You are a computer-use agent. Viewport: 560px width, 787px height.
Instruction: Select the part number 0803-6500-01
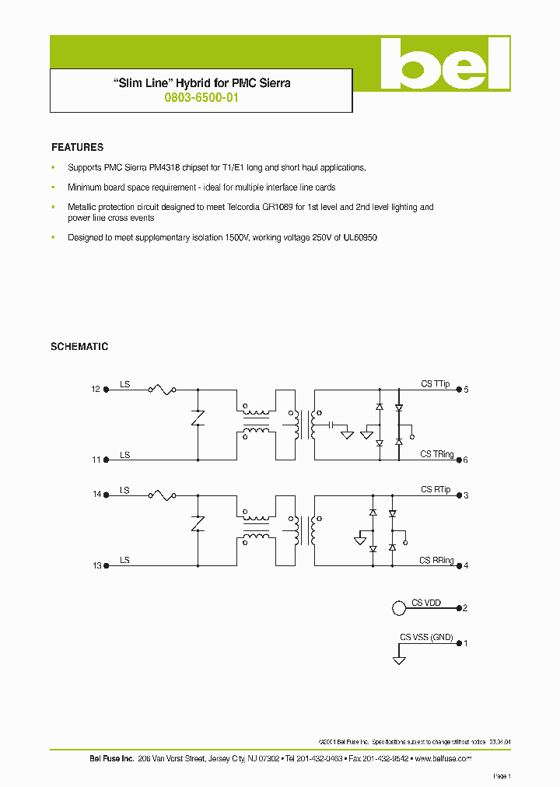201,99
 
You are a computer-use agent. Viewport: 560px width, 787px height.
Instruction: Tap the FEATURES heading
77,147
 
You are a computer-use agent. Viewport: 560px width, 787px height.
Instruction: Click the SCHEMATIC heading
79,347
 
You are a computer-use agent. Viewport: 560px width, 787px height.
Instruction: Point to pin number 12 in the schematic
96,389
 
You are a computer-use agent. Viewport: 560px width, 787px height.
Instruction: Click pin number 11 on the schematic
96,460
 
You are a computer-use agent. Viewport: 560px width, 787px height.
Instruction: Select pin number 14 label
96,495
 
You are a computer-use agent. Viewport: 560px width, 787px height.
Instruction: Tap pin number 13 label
96,565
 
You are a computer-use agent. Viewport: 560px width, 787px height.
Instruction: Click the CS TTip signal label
436,384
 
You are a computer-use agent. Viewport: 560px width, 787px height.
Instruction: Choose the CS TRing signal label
437,454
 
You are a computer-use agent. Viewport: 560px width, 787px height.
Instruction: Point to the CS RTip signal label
436,490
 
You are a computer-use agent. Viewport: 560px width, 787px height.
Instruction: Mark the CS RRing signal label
436,561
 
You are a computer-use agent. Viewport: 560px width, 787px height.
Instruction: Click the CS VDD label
426,603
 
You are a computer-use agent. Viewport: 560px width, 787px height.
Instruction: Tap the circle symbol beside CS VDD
398,607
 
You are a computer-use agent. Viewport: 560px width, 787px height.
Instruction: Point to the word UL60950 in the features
361,238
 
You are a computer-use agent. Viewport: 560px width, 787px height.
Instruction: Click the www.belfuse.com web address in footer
443,758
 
